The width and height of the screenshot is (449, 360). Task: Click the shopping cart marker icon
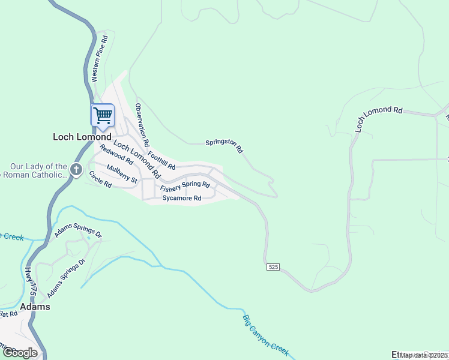103,115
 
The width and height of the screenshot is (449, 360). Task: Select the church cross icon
76,169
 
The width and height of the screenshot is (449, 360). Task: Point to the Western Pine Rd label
99,58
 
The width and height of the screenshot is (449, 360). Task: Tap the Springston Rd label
224,145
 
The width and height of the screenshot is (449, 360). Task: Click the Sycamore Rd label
181,197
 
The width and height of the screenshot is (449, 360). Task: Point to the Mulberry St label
122,174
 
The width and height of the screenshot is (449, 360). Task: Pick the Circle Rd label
100,179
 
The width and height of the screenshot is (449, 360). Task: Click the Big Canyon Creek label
266,335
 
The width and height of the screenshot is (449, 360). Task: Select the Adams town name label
35,307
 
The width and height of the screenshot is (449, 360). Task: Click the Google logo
20,352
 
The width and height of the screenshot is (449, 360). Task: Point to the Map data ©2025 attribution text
424,355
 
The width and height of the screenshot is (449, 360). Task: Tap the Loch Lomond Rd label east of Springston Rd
378,117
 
